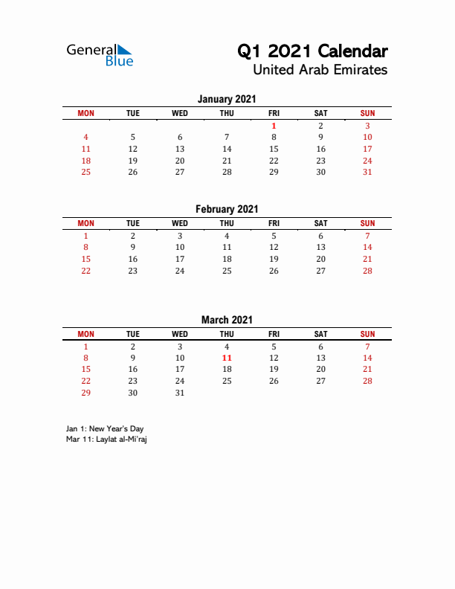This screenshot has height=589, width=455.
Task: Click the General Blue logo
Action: [100, 55]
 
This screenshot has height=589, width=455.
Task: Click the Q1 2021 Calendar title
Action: [312, 51]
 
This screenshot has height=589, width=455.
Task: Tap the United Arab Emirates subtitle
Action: [320, 70]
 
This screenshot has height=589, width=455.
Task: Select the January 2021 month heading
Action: [227, 99]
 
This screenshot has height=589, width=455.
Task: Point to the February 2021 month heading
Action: [227, 209]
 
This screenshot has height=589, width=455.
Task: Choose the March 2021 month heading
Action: [227, 320]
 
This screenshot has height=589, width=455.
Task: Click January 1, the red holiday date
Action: [274, 126]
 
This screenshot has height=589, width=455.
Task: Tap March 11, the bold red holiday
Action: [227, 358]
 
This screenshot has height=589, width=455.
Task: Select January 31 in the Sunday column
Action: [367, 172]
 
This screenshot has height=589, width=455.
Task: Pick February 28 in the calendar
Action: [367, 271]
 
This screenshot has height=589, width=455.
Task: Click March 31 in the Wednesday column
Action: [180, 393]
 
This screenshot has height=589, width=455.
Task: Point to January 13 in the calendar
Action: [180, 149]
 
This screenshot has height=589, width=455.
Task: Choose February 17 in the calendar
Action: [180, 259]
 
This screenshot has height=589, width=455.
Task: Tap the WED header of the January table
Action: [180, 113]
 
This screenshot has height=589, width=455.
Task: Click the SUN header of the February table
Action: [367, 223]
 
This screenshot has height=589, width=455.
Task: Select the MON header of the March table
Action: [86, 334]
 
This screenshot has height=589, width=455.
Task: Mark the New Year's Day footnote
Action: [105, 429]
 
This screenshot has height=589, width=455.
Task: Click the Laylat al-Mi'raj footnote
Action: [106, 440]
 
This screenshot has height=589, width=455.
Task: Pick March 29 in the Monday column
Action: [86, 393]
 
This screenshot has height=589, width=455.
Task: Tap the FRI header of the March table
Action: [274, 334]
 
